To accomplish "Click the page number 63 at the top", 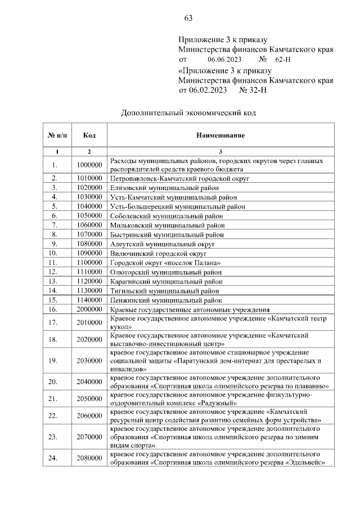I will pos(188,19).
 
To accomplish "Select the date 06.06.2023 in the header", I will pos(225,59).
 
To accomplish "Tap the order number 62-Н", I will pos(282,59).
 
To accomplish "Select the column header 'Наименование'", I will pos(220,136).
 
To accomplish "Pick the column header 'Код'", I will pos(89,136).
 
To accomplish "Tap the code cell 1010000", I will pos(89,178).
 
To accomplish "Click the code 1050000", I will pos(89,215).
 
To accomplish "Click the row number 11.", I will pos(55,263).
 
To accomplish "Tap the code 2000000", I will pos(89,309).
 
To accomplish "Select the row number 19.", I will pos(55,361).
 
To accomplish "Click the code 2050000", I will pos(89,399).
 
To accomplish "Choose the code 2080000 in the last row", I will pos(89,458).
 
